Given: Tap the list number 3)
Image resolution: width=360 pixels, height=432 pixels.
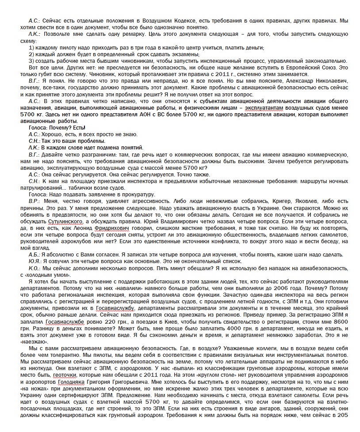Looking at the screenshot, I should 31,61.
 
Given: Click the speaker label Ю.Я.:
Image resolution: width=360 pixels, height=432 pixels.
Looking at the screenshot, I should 34,261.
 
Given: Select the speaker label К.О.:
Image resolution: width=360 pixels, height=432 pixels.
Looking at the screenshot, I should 34,268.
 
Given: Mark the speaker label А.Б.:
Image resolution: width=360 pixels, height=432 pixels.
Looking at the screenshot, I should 34,255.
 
